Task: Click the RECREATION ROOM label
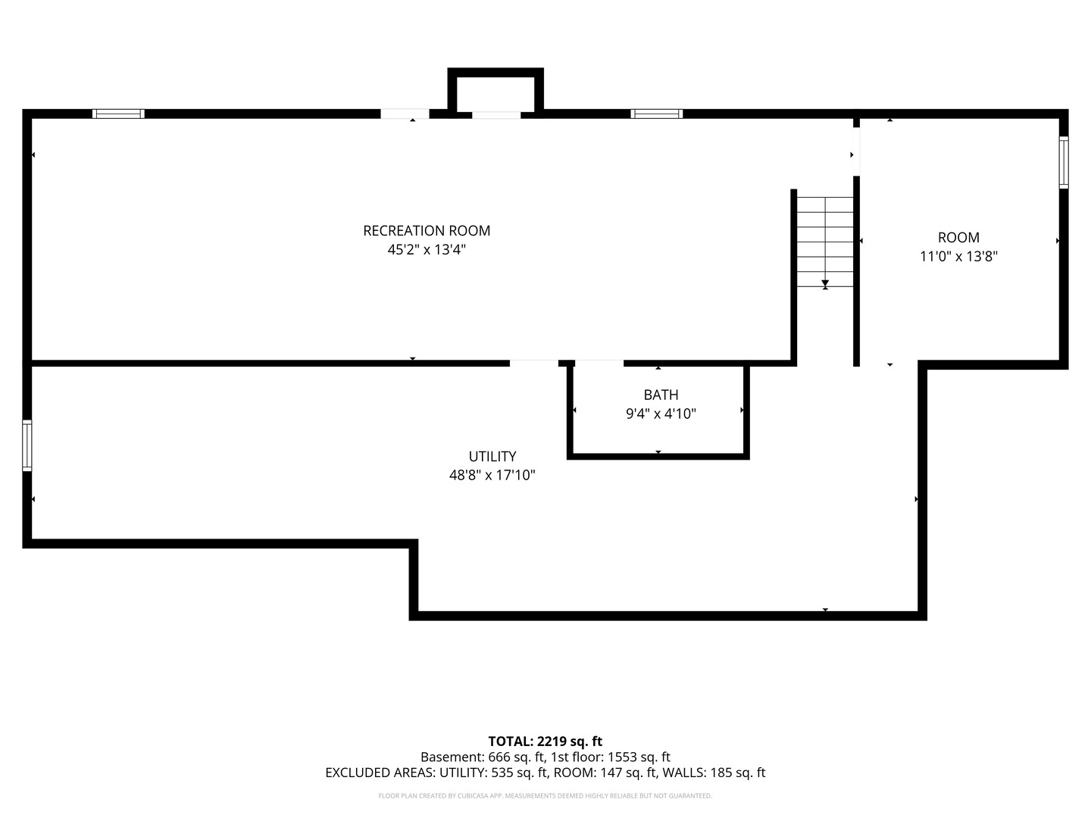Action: point(427,231)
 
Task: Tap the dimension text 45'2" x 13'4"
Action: point(427,250)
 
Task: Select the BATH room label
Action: point(661,395)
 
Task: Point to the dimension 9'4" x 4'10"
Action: point(661,414)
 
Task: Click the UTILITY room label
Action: point(492,457)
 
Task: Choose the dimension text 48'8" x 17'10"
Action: point(492,476)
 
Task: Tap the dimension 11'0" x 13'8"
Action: point(958,257)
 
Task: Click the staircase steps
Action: point(825,242)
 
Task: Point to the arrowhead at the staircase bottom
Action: point(825,283)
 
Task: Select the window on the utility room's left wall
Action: point(27,445)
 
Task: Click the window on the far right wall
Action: point(1063,162)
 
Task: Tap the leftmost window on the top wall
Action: point(118,114)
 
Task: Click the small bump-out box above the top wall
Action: point(495,90)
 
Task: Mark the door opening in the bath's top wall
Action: point(599,363)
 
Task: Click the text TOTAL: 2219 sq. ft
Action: point(545,742)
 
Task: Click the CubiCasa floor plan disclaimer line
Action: point(545,796)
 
